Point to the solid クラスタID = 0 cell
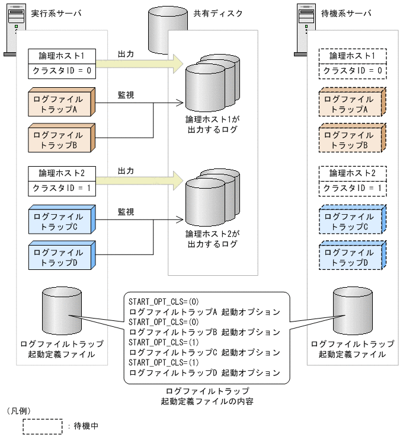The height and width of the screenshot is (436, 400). (62, 71)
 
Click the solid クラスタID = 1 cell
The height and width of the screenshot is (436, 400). (62, 189)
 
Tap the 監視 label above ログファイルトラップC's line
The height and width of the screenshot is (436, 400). (126, 212)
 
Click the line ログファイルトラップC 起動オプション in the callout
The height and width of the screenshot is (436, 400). (204, 352)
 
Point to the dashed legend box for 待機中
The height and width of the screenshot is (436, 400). (43, 426)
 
